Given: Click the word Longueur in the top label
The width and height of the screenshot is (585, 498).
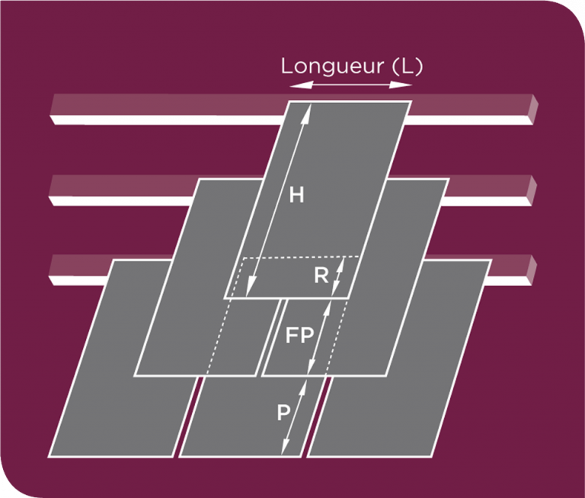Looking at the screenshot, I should pyautogui.click(x=332, y=66).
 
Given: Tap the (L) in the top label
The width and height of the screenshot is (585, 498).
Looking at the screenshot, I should pyautogui.click(x=406, y=66).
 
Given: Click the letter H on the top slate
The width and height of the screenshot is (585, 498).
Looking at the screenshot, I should pyautogui.click(x=297, y=195).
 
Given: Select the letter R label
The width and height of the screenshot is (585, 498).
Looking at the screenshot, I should pyautogui.click(x=321, y=275).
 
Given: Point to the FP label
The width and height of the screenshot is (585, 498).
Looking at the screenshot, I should pyautogui.click(x=299, y=336).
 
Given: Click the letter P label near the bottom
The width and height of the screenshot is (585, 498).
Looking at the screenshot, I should pyautogui.click(x=283, y=413).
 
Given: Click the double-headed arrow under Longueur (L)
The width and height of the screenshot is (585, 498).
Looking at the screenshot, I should pyautogui.click(x=350, y=85).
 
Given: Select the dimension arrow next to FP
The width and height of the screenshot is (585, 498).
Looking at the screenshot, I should pyautogui.click(x=320, y=336).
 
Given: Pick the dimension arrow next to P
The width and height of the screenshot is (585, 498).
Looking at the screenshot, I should pyautogui.click(x=296, y=416).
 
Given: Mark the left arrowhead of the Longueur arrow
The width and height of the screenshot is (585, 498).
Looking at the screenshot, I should pyautogui.click(x=294, y=85).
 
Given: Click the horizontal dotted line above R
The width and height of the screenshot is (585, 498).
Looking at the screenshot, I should pyautogui.click(x=302, y=258).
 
